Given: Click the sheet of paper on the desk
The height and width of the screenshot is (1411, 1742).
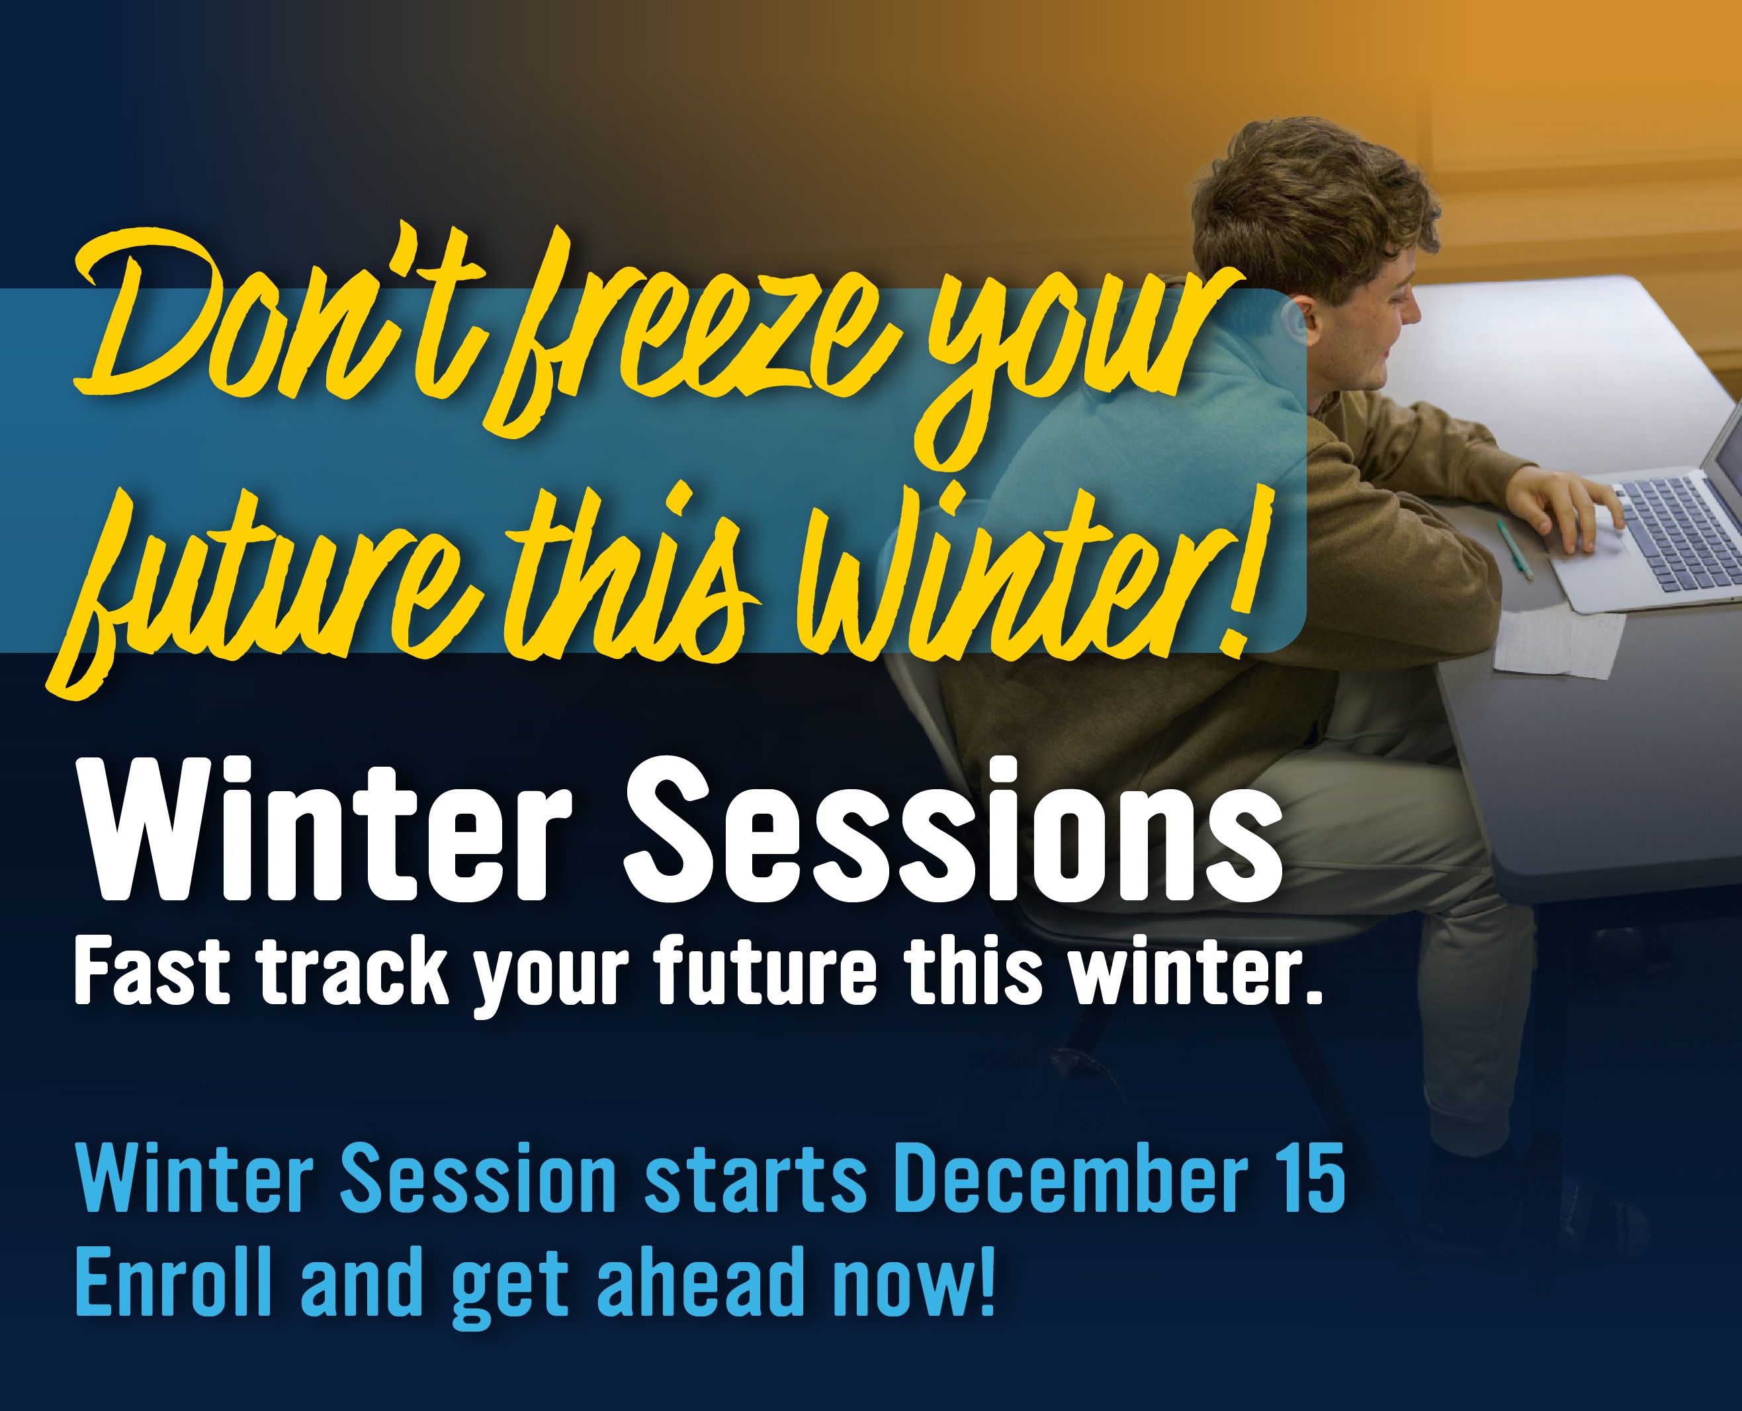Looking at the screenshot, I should click(1557, 642).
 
